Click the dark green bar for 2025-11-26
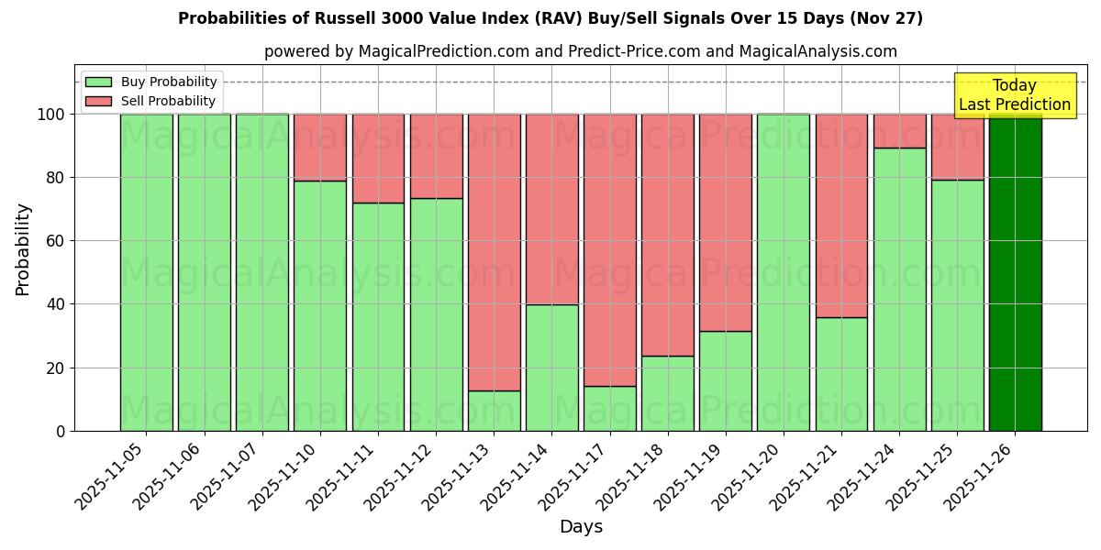[1015, 272]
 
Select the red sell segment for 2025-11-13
[494, 252]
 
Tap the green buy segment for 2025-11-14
[551, 367]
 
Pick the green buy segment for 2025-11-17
[609, 408]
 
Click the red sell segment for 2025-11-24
[899, 131]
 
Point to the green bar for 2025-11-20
[783, 272]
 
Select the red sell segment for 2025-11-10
[320, 148]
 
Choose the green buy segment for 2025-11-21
[841, 374]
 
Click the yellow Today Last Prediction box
[1014, 95]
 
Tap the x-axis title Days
[581, 527]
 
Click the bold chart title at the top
[550, 18]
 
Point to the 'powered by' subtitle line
[580, 51]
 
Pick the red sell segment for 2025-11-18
[667, 235]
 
